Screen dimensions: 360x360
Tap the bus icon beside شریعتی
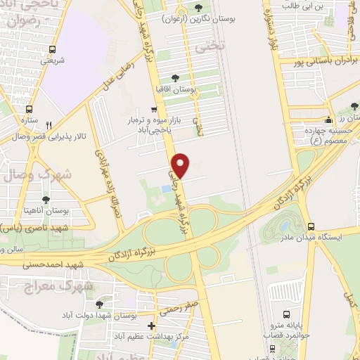pyautogui.click(x=53, y=50)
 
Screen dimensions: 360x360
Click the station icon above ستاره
pyautogui.click(x=29, y=109)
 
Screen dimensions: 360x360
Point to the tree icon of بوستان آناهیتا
pyautogui.click(x=46, y=200)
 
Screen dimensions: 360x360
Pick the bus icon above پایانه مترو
pyautogui.click(x=286, y=314)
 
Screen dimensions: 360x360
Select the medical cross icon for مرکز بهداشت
pyautogui.click(x=152, y=326)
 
